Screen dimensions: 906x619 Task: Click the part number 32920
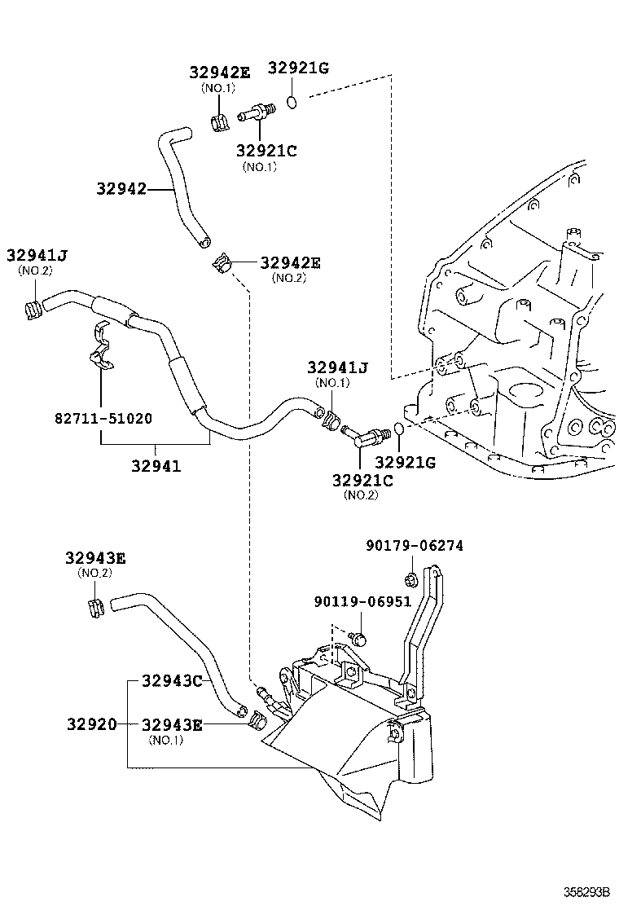click(x=91, y=723)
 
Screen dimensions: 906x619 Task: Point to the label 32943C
click(x=172, y=679)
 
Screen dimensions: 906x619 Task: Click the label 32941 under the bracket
click(x=156, y=467)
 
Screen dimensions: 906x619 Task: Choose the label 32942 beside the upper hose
click(x=121, y=189)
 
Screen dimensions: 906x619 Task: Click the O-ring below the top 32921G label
click(x=292, y=102)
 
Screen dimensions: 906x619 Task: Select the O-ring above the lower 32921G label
click(x=397, y=429)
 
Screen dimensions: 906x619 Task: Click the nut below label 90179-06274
click(x=411, y=580)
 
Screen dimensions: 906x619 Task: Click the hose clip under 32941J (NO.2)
click(x=33, y=309)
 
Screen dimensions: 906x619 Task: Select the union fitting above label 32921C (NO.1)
click(x=254, y=112)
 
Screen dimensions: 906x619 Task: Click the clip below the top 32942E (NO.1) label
click(x=218, y=123)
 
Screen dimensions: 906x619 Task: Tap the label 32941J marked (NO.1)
click(x=337, y=368)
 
